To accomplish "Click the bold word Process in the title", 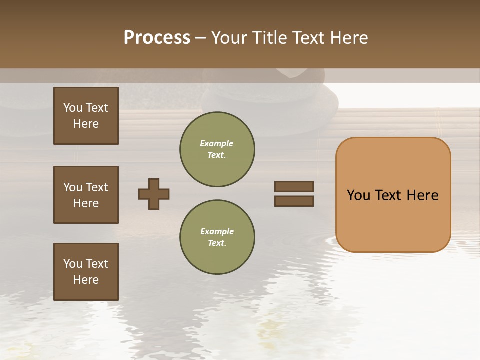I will click(157, 38).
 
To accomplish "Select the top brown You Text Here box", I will click(86, 116).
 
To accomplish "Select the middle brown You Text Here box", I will click(86, 195).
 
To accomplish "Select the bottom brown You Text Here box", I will click(86, 271).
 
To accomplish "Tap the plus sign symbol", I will click(154, 194).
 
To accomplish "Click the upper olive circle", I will click(217, 149).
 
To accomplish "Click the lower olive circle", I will click(217, 237).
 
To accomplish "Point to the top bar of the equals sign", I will click(294, 186).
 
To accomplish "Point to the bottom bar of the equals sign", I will click(294, 201).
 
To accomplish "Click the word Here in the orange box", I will click(422, 195).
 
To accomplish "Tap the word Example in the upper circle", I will click(217, 143).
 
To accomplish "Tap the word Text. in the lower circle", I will click(217, 243).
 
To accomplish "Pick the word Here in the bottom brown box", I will click(86, 280).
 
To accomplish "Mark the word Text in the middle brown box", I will click(96, 187).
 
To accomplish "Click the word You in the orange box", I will click(358, 195).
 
